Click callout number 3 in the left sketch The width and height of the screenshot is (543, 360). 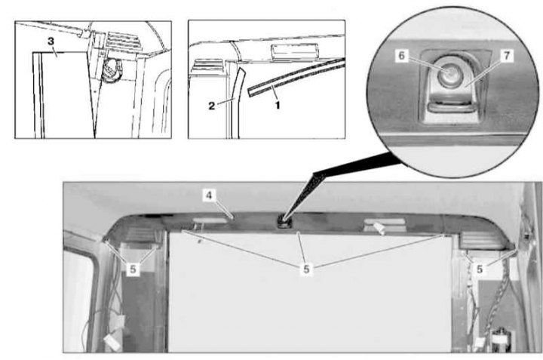click(x=51, y=42)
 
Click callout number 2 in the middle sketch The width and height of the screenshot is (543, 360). click(x=212, y=106)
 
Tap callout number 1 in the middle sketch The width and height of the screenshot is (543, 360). click(x=277, y=105)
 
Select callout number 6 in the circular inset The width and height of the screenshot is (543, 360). click(x=402, y=55)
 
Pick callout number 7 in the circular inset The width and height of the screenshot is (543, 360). click(x=507, y=55)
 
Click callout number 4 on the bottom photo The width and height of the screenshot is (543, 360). click(x=209, y=195)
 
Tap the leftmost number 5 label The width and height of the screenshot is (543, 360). click(x=133, y=269)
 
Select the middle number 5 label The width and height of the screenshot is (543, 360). click(x=306, y=269)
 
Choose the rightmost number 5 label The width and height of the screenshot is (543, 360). click(x=480, y=269)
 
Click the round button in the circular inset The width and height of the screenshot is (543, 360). click(x=449, y=73)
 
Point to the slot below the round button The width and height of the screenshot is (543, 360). click(x=449, y=105)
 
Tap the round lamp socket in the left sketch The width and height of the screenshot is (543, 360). click(x=112, y=69)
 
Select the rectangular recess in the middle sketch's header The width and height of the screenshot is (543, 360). click(x=295, y=51)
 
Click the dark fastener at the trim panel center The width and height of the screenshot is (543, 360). click(x=284, y=221)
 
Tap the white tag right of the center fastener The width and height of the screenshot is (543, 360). click(x=379, y=229)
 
